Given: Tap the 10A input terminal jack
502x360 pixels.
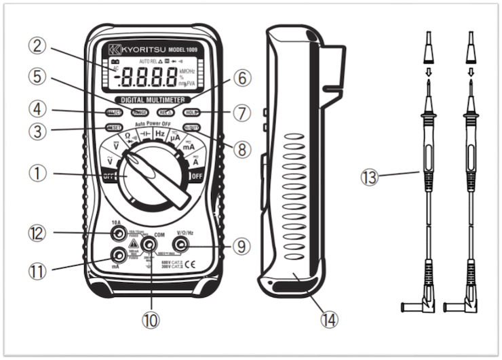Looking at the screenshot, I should point(119,235).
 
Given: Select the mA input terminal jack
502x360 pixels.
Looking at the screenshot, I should point(119,255).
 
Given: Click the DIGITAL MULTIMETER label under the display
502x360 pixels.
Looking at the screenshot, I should point(152,100).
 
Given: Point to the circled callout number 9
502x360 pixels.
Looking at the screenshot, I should point(238,245).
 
